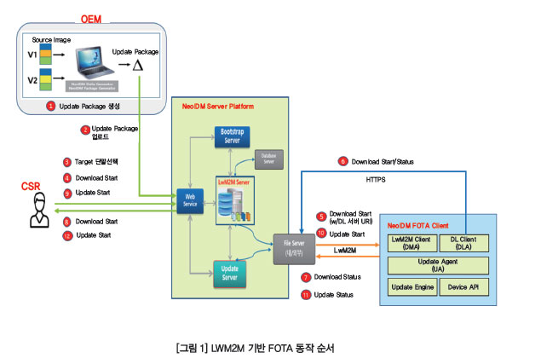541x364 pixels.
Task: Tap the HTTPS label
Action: (x=377, y=180)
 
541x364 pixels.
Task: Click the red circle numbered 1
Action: (x=52, y=107)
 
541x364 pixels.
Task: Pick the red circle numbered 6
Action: (x=343, y=160)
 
